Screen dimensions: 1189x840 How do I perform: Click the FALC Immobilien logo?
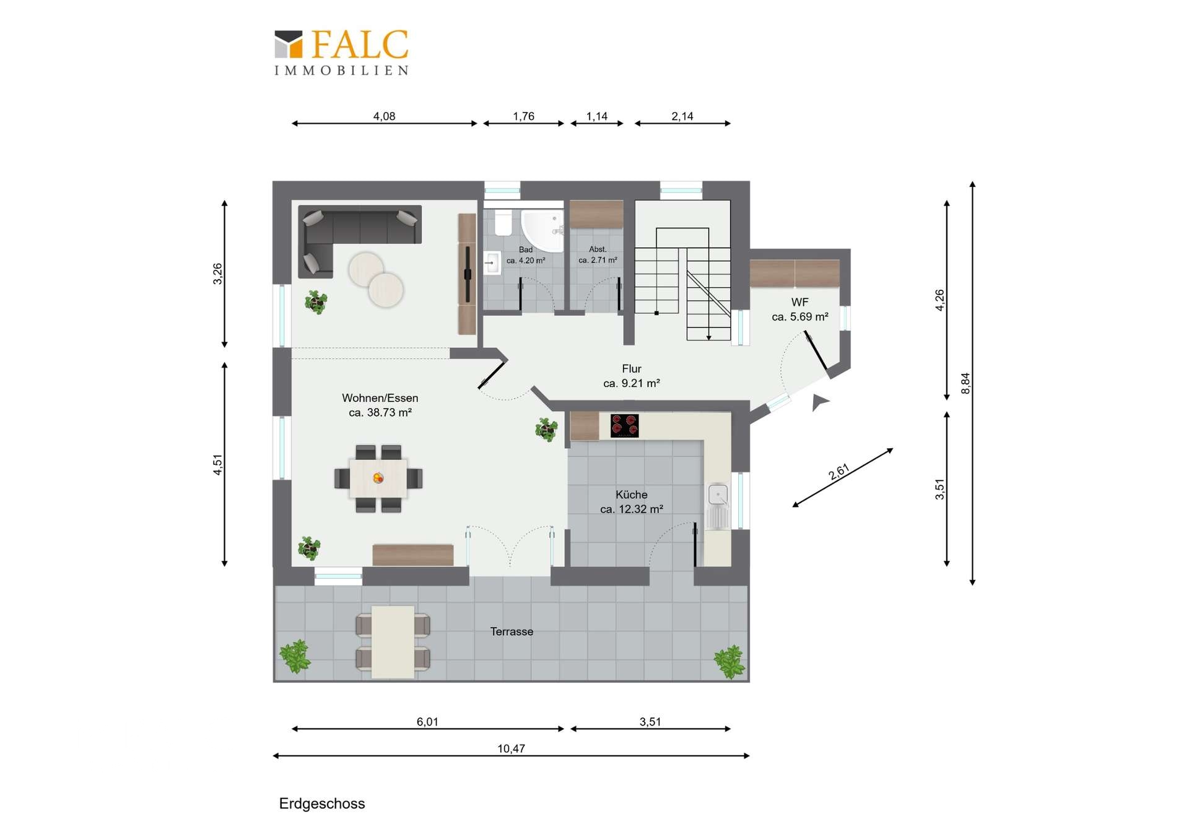341,53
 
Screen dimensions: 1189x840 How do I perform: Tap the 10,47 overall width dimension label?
511,748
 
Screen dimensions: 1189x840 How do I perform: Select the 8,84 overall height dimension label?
965,383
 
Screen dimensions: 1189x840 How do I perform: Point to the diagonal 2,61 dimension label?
839,472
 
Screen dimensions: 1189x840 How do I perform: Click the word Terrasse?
512,631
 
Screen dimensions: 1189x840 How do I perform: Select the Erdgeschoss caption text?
322,803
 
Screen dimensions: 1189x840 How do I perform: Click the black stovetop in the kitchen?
624,426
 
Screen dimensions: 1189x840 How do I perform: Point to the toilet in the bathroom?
503,223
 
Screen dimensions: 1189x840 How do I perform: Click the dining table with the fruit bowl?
378,478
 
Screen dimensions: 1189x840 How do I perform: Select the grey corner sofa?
359,238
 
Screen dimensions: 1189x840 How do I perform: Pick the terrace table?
393,642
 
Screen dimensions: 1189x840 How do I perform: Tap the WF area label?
800,310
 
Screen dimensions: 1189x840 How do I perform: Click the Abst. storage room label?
598,254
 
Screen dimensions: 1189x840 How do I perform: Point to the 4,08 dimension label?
384,116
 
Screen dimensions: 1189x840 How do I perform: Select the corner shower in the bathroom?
542,230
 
